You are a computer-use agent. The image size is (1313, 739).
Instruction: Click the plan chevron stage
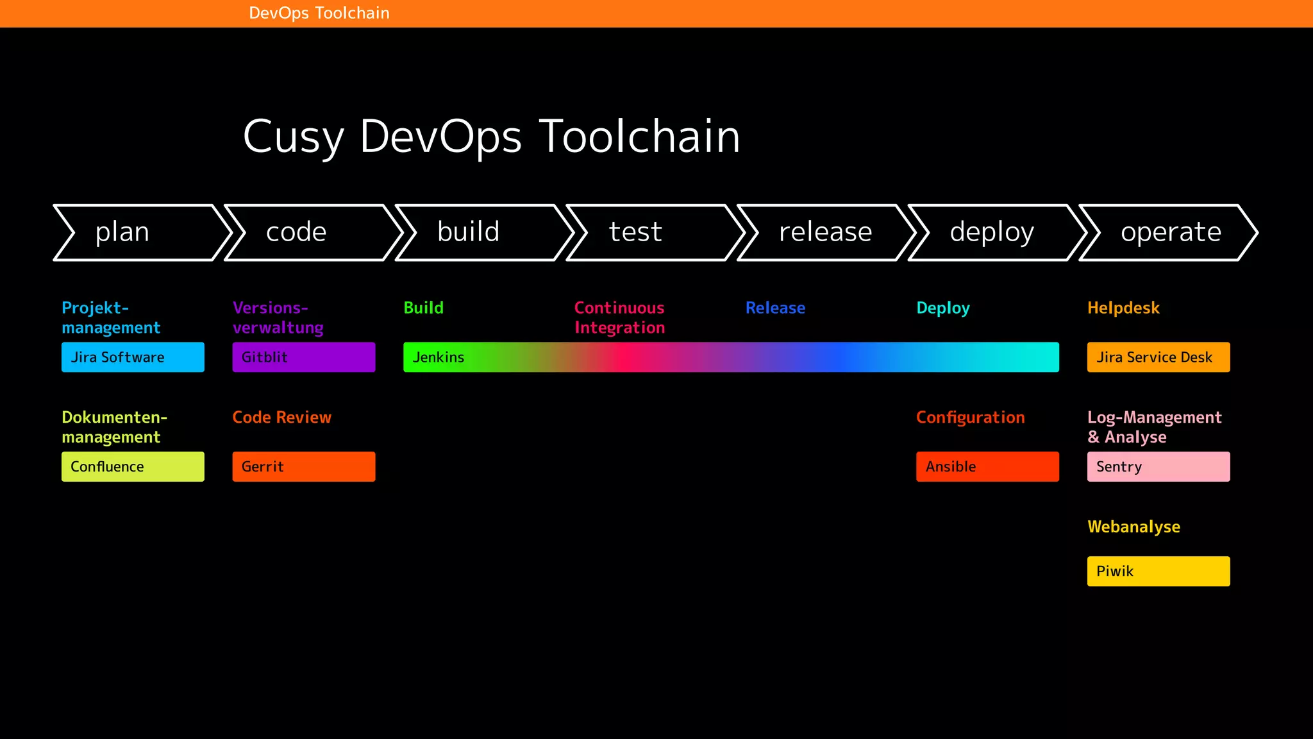click(x=138, y=232)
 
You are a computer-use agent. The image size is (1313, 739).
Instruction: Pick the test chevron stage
click(x=651, y=232)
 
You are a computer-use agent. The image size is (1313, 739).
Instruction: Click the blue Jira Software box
click(x=133, y=357)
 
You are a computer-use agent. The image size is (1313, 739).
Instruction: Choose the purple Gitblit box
click(x=304, y=357)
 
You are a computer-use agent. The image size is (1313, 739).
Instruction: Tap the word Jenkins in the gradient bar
click(x=439, y=357)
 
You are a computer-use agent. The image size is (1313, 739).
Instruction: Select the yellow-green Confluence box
click(x=133, y=467)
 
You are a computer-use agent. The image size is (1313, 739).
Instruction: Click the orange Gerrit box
click(x=304, y=467)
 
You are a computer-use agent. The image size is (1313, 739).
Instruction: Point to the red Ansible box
click(x=987, y=467)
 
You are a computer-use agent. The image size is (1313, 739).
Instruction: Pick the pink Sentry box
click(x=1158, y=467)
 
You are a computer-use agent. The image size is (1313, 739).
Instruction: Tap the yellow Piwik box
click(x=1158, y=572)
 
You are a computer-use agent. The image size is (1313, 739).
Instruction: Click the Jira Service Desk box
click(x=1158, y=357)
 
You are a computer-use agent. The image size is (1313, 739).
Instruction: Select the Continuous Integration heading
click(x=619, y=318)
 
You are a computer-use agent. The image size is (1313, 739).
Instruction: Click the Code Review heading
click(x=282, y=418)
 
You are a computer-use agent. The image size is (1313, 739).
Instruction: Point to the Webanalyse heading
click(x=1133, y=527)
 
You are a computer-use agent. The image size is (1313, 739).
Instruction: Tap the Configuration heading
click(x=970, y=418)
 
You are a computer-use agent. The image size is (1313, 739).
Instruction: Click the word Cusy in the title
click(x=294, y=137)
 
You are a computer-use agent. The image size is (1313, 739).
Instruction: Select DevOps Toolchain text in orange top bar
click(x=319, y=13)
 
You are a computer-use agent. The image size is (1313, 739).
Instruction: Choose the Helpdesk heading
click(x=1123, y=308)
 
